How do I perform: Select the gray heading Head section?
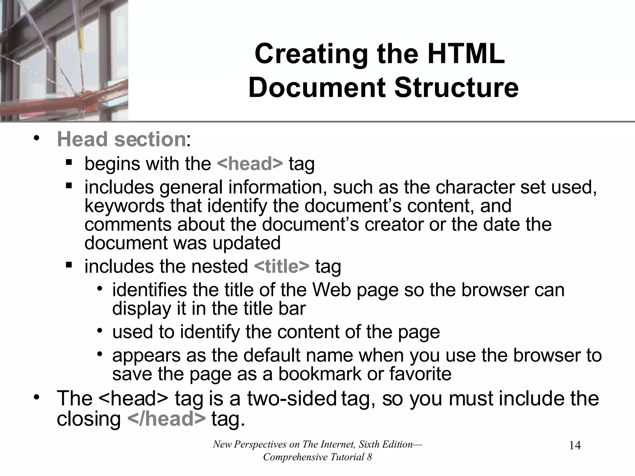click(x=121, y=139)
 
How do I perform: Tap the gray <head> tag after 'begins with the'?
click(x=250, y=164)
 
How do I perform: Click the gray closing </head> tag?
click(x=166, y=419)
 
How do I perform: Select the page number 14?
click(x=575, y=445)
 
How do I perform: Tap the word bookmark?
click(x=320, y=374)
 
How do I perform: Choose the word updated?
click(x=246, y=243)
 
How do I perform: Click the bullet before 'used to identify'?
click(x=99, y=331)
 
